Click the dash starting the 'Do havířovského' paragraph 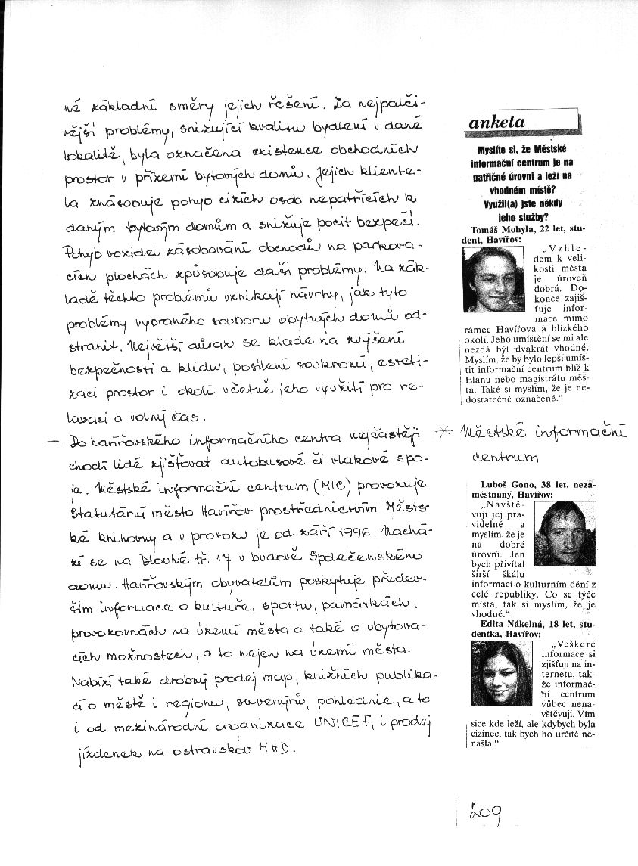(x=54, y=440)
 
